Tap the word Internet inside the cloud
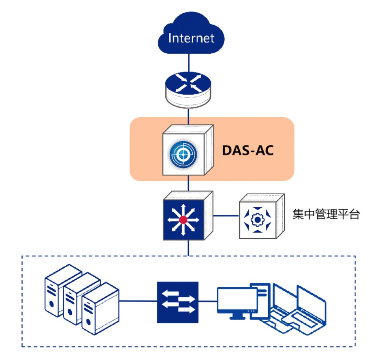[191, 38]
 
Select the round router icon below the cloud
[188, 87]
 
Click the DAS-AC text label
[248, 150]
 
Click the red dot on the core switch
[183, 220]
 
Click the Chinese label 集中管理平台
[326, 214]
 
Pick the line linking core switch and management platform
[226, 216]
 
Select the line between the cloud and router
[189, 63]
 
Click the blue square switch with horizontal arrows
[178, 302]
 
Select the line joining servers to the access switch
[138, 301]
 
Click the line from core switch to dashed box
[189, 248]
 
